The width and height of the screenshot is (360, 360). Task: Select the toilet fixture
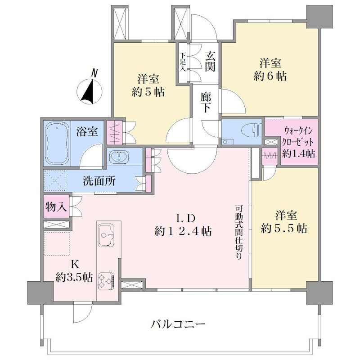click(252, 131)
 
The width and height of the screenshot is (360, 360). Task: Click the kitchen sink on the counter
click(106, 234)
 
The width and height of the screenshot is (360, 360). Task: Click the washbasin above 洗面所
click(119, 156)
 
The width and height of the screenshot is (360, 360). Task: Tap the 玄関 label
click(210, 61)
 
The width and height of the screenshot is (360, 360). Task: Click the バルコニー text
click(178, 324)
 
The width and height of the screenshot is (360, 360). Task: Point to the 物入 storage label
click(56, 207)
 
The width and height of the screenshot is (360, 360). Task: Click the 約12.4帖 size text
click(183, 231)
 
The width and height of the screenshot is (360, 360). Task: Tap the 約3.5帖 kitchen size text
click(74, 278)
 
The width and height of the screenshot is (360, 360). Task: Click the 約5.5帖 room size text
click(284, 229)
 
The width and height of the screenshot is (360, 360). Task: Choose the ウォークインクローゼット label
click(298, 137)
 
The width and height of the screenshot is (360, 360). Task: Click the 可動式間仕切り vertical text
click(238, 232)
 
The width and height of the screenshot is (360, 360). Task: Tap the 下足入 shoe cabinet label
click(183, 62)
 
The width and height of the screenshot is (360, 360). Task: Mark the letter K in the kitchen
click(75, 265)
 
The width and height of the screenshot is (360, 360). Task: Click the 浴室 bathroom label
click(87, 131)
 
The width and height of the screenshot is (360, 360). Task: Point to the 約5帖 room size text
click(148, 92)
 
